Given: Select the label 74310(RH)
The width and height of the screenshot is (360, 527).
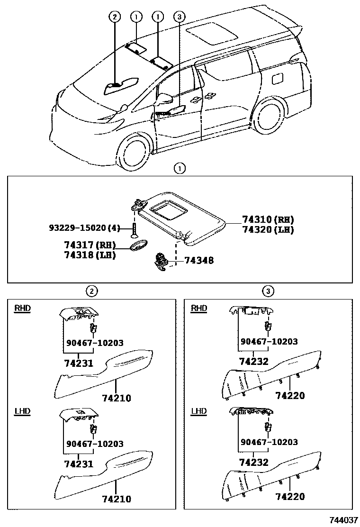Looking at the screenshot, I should (x=268, y=219).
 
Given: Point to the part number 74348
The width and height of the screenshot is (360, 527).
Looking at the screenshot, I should (x=198, y=260).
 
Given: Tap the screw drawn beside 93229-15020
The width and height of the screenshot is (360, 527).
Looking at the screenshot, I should (x=135, y=230).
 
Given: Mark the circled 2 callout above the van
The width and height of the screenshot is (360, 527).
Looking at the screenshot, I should (x=114, y=17).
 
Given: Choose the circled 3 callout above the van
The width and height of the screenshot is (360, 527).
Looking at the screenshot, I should (x=179, y=17).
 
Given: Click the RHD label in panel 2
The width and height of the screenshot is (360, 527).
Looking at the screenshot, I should (x=22, y=309).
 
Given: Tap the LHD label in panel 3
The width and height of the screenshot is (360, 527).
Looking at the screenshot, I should (x=198, y=411).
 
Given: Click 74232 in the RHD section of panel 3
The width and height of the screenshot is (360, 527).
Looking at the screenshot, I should (x=253, y=361).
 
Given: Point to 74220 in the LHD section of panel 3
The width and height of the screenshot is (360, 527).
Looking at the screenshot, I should (x=290, y=496).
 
